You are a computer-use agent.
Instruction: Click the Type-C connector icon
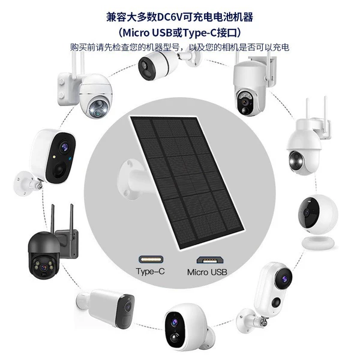point(151,259)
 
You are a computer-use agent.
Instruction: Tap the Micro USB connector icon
point(210,260)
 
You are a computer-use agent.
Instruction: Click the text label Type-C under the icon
point(151,271)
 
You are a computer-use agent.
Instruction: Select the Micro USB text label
point(207,272)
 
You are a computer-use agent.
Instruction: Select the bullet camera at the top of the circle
point(169,64)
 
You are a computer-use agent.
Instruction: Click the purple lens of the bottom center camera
point(174,322)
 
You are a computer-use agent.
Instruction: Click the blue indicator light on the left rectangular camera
point(70,158)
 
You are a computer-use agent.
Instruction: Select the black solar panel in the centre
point(187,182)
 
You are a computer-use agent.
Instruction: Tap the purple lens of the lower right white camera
point(284,279)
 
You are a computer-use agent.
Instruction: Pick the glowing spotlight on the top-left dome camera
point(94,110)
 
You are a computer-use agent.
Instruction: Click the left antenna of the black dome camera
point(53,218)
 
